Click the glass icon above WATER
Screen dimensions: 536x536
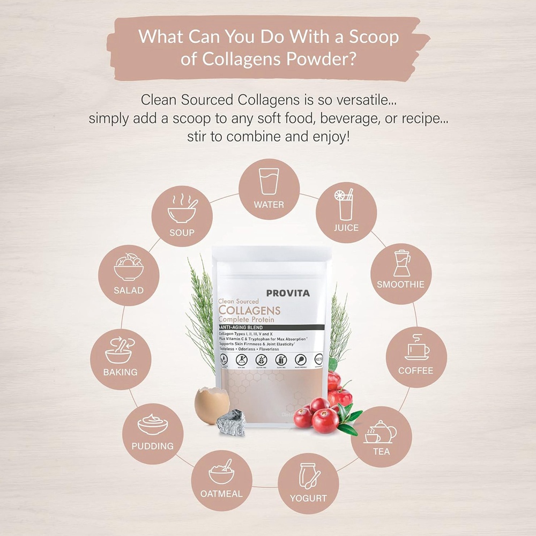click(x=269, y=182)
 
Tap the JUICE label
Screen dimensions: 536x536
click(x=346, y=228)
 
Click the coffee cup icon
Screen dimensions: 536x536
click(x=416, y=348)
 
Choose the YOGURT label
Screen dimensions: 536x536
click(x=308, y=498)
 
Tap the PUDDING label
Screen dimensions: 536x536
click(x=153, y=446)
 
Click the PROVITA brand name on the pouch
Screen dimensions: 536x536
click(x=288, y=293)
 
